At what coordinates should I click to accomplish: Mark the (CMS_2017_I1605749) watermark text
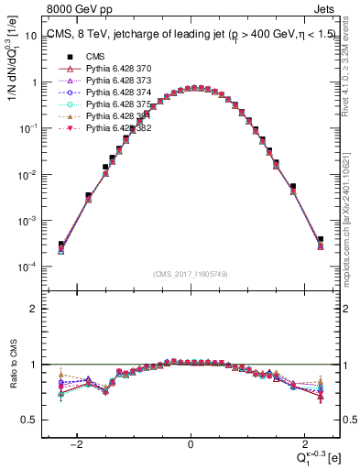[x=190, y=274]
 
